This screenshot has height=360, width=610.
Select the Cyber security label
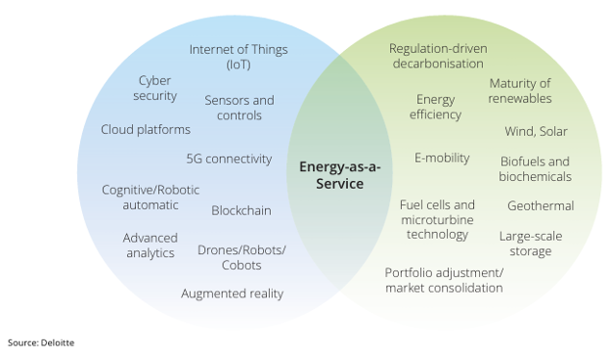click(156, 88)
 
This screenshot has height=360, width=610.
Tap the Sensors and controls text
click(240, 108)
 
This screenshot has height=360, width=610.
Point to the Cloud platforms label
click(146, 129)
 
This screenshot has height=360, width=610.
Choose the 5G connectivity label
click(229, 158)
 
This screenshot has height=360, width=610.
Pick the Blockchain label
click(241, 210)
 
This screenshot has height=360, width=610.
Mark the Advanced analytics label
click(150, 246)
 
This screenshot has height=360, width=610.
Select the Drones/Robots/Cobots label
click(241, 258)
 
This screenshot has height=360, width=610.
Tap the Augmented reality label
click(232, 293)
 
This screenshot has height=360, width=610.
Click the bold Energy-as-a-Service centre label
click(339, 175)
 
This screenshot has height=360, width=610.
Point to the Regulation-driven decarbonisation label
click(437, 56)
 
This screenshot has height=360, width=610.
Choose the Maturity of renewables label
click(520, 91)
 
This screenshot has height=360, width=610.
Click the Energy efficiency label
click(436, 108)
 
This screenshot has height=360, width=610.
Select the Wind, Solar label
click(536, 131)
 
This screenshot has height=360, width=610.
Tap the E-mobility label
click(442, 157)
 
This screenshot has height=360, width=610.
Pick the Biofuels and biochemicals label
click(536, 169)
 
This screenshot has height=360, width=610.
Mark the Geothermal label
click(541, 205)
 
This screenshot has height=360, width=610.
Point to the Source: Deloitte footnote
click(41, 342)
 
